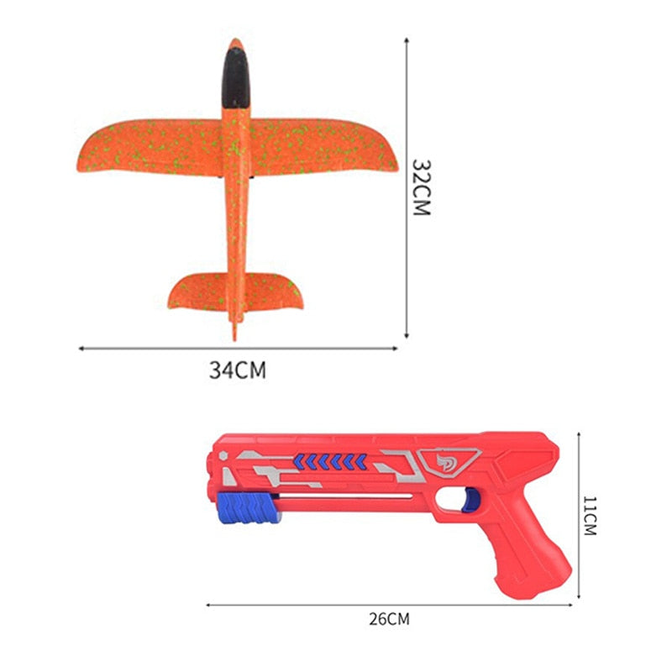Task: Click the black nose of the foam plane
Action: point(236,77)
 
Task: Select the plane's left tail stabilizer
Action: point(197,291)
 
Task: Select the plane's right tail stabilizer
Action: point(273,291)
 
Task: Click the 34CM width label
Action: point(238,370)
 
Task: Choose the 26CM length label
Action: point(390,620)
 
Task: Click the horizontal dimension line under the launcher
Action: point(390,602)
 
